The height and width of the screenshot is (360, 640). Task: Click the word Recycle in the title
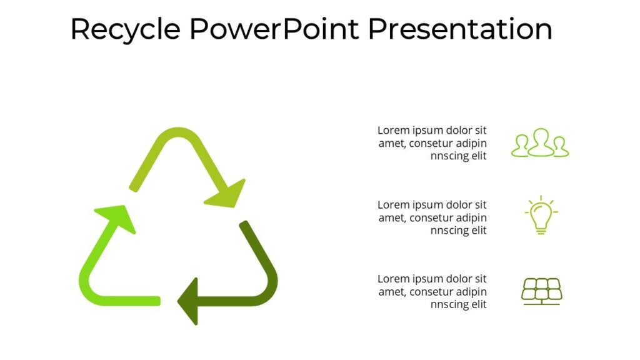pyautogui.click(x=125, y=29)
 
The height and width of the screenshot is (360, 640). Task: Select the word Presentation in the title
pyautogui.click(x=459, y=29)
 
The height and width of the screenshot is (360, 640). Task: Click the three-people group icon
pyautogui.click(x=540, y=144)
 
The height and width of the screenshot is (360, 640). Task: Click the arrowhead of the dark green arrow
pyautogui.click(x=190, y=301)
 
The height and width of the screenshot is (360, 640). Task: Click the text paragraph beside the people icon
pyautogui.click(x=432, y=143)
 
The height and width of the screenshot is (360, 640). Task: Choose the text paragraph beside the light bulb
pyautogui.click(x=432, y=217)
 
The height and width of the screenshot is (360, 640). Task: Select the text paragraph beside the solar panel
pyautogui.click(x=432, y=291)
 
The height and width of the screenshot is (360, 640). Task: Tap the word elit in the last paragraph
pyautogui.click(x=477, y=304)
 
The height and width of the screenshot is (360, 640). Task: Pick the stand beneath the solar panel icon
pyautogui.click(x=541, y=302)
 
